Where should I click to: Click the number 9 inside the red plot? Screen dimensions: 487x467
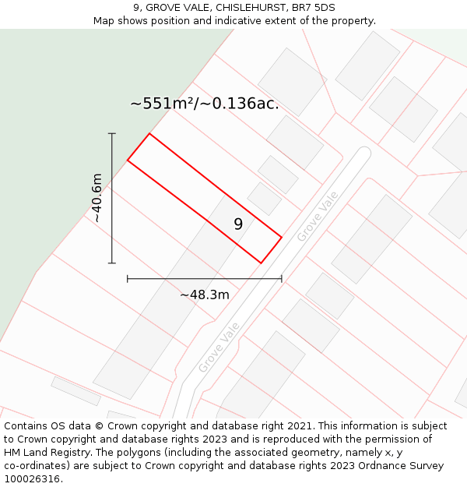(x=238, y=224)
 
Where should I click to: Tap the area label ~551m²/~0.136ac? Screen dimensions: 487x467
(x=204, y=104)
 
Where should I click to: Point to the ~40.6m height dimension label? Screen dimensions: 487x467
(x=97, y=198)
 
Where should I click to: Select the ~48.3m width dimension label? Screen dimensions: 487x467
(x=205, y=295)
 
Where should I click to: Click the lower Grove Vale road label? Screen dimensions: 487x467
(x=219, y=348)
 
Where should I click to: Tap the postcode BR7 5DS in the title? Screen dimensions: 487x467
(x=310, y=8)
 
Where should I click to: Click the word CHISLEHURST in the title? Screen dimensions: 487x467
(x=251, y=8)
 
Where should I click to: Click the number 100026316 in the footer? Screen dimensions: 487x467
(x=31, y=479)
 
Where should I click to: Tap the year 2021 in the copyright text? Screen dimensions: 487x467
(x=297, y=426)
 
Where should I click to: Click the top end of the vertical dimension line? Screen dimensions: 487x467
(x=112, y=134)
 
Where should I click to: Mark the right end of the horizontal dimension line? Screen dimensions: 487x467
(x=281, y=278)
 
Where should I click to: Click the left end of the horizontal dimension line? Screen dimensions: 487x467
(x=128, y=278)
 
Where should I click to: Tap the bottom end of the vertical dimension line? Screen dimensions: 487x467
(x=112, y=263)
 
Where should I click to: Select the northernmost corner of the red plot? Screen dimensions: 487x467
(x=149, y=134)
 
